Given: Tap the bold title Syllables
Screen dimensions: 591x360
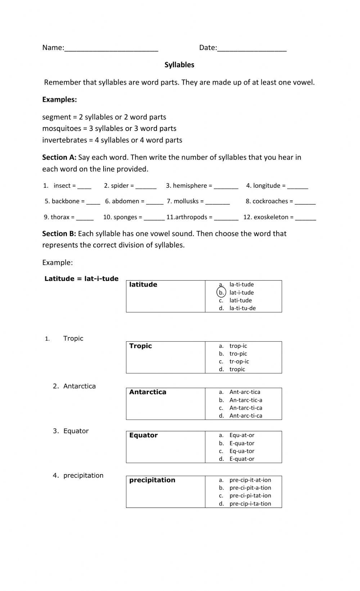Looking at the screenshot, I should pos(179,65).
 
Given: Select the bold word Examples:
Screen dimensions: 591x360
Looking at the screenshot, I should pos(59,100).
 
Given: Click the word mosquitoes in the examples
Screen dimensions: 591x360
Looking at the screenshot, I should pos(62,128).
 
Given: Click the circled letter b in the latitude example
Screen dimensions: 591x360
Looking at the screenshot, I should pos(221,292).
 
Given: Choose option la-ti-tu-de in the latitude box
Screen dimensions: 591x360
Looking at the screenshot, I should pos(242,308).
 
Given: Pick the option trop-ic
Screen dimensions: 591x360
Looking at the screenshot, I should pos(238,346).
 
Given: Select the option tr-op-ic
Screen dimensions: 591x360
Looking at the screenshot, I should pos(239,362).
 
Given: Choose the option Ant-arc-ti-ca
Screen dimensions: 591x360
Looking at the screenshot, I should pos(246,416).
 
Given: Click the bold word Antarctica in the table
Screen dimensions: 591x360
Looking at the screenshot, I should pos(148,392).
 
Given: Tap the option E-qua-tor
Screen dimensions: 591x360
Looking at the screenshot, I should pos(242,444).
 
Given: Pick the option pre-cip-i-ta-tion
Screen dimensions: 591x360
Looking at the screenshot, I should pos(250,504).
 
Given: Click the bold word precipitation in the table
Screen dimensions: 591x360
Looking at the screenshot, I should pos(152,480).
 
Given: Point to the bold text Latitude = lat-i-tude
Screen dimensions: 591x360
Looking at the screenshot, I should pos(81,279).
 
